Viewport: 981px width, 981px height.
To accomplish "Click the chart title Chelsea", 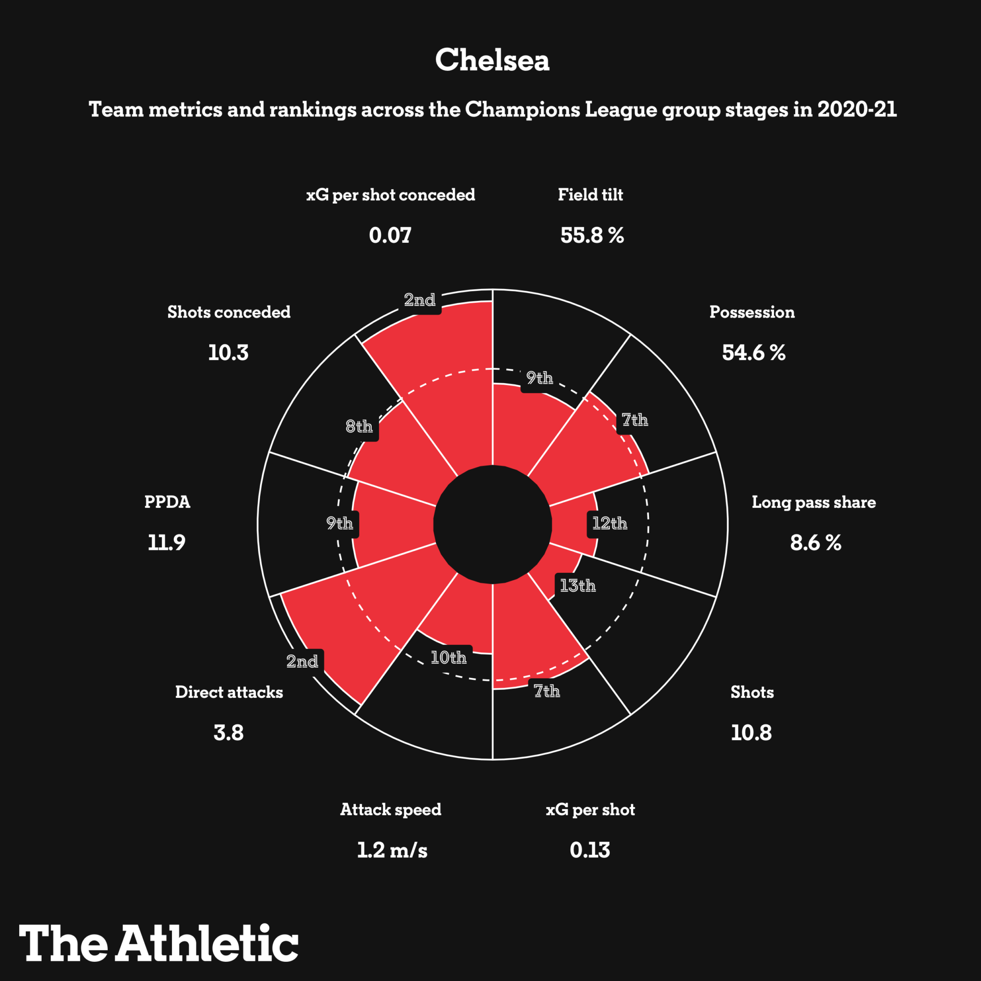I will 492,60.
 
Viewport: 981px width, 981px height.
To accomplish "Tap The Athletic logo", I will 159,942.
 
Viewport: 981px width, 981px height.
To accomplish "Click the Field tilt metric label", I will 590,195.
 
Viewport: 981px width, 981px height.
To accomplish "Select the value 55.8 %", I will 592,236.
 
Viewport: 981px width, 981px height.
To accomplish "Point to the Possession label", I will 752,312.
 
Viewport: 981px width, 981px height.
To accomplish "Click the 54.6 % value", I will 753,353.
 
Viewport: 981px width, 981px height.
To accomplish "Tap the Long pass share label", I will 813,502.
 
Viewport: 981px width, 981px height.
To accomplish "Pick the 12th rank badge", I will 609,524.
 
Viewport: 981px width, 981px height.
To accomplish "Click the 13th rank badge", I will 577,586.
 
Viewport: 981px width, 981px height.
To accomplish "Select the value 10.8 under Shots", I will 751,733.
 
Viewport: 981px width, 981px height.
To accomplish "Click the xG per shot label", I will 590,810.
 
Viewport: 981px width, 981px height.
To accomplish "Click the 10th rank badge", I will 448,658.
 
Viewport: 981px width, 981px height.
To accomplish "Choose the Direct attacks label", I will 229,693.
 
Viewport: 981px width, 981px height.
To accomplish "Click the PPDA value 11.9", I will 167,543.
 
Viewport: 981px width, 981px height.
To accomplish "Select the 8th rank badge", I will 359,426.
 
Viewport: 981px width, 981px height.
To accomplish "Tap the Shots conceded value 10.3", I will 228,353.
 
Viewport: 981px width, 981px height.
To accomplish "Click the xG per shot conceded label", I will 390,195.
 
